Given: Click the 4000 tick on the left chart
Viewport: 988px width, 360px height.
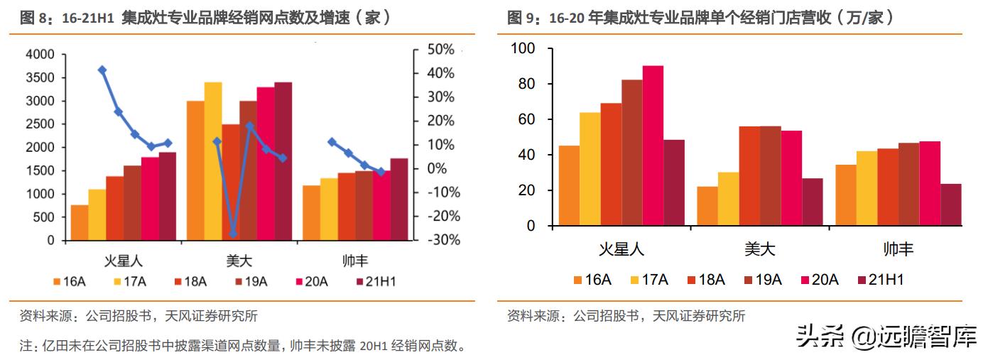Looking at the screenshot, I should pyautogui.click(x=40, y=55).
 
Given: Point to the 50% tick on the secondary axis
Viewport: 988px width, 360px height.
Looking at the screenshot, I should pyautogui.click(x=440, y=50).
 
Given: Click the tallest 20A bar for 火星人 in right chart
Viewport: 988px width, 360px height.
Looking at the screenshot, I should pyautogui.click(x=653, y=146).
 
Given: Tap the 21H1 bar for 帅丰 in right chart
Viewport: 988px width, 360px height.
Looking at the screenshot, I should pyautogui.click(x=950, y=204).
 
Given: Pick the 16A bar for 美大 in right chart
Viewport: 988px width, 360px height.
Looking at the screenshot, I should pyautogui.click(x=707, y=206).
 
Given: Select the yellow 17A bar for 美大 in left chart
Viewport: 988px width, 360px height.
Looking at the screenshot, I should pyautogui.click(x=212, y=161).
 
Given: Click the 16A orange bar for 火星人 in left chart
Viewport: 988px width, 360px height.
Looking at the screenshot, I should pyautogui.click(x=80, y=222).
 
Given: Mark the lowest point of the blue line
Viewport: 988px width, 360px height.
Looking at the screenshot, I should pyautogui.click(x=233, y=233).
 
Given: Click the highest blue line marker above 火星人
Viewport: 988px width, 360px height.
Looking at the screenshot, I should pyautogui.click(x=102, y=70).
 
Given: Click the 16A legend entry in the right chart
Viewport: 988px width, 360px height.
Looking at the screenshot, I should pyautogui.click(x=590, y=279).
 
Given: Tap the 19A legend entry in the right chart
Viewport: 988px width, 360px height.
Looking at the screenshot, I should pyautogui.click(x=761, y=279).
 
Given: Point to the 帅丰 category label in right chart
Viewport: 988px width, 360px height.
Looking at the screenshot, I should pyautogui.click(x=898, y=249).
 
